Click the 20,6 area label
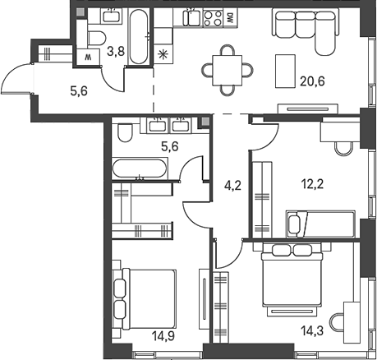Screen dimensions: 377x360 click(x=312, y=81)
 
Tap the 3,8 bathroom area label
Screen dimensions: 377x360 click(x=116, y=51)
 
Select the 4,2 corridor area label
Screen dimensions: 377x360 click(x=232, y=186)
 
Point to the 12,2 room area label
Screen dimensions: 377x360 click(x=312, y=184)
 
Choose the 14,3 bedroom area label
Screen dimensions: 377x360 click(x=312, y=330)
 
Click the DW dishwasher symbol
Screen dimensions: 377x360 click(x=230, y=18)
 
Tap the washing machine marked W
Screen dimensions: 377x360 click(x=88, y=57)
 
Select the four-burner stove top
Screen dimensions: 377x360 click(x=213, y=18)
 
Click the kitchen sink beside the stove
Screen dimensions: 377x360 click(x=193, y=17)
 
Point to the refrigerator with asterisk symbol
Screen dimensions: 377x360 click(x=163, y=54)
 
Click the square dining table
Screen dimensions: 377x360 click(x=228, y=71)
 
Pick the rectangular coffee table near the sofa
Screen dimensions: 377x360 click(x=285, y=72)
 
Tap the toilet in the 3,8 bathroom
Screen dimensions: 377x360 click(x=97, y=38)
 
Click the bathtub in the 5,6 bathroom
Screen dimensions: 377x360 click(x=140, y=168)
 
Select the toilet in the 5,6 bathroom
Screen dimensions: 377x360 click(x=125, y=133)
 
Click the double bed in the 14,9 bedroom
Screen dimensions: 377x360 click(x=148, y=299)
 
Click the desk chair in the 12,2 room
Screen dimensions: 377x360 click(x=343, y=149)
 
